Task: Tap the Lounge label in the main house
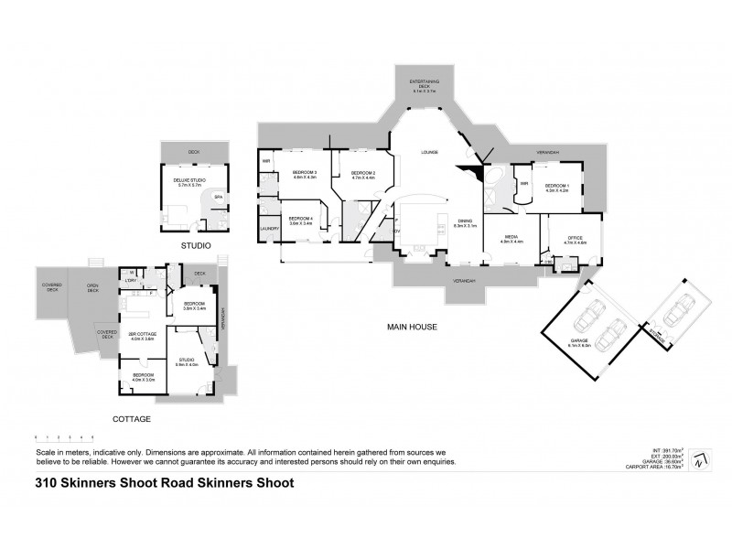(x=430, y=152)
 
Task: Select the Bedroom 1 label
(x=557, y=188)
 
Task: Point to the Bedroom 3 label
(x=304, y=175)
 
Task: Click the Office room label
(x=575, y=240)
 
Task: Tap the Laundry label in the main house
(x=269, y=229)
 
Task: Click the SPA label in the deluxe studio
(x=217, y=197)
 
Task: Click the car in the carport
(x=675, y=312)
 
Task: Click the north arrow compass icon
(x=700, y=459)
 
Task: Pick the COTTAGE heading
(x=132, y=418)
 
